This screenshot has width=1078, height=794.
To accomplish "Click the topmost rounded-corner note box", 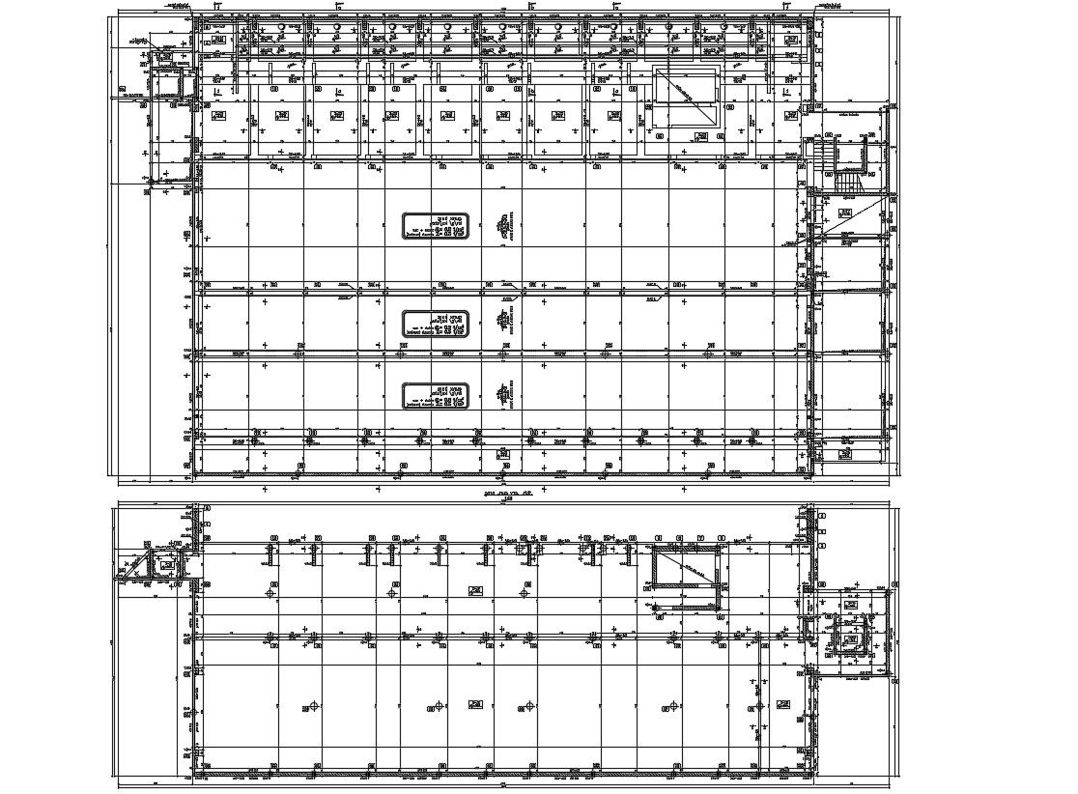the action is click(436, 226).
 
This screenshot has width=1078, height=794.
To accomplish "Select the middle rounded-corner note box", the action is click(436, 324).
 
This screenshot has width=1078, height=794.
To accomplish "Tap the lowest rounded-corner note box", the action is click(436, 395).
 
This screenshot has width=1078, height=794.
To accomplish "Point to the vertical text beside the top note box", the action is click(502, 226).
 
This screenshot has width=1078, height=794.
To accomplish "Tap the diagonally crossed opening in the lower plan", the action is click(687, 567).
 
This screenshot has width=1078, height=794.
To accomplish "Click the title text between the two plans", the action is click(504, 493).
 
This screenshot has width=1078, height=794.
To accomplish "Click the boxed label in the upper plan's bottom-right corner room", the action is click(846, 451).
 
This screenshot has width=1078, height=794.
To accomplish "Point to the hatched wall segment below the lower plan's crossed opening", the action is click(687, 608).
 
